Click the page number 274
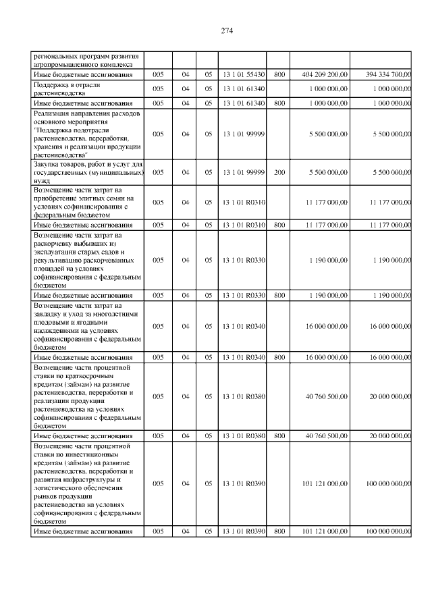click(x=226, y=31)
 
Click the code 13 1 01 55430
click(x=243, y=74)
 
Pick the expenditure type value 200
click(x=279, y=172)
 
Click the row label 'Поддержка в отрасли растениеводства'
click(x=67, y=88)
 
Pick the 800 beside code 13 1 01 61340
click(x=279, y=103)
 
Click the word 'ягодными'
click(x=101, y=322)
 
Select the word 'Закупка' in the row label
click(x=48, y=164)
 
